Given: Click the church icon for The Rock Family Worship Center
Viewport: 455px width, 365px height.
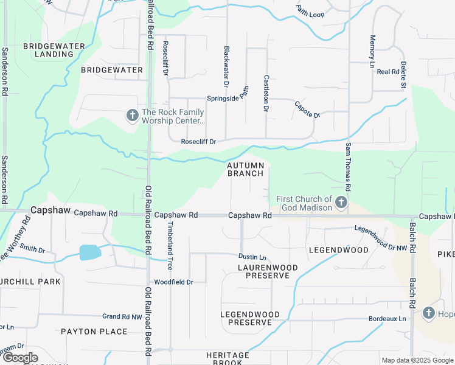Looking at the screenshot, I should (132, 116).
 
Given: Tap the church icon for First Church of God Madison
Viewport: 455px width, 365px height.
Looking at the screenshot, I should (342, 203).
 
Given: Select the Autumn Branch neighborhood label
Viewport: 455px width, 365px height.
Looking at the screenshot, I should (246, 169).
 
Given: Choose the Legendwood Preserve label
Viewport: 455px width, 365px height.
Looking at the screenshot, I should (250, 318).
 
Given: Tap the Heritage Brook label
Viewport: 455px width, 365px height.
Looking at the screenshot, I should (227, 359).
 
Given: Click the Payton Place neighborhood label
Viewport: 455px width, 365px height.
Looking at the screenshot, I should (94, 332).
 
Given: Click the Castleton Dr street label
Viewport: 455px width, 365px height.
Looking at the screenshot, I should (266, 93).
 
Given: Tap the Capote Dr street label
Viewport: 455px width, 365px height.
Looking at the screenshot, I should (307, 110).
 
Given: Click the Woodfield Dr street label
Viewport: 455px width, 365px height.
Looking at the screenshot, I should (173, 282).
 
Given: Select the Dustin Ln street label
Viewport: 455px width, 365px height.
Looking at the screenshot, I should (252, 257).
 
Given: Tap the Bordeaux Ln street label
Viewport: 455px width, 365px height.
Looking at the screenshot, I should (387, 319).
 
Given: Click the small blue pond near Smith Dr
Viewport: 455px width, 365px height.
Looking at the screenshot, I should (89, 252).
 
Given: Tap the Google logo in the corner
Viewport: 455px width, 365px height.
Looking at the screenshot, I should (20, 358).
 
